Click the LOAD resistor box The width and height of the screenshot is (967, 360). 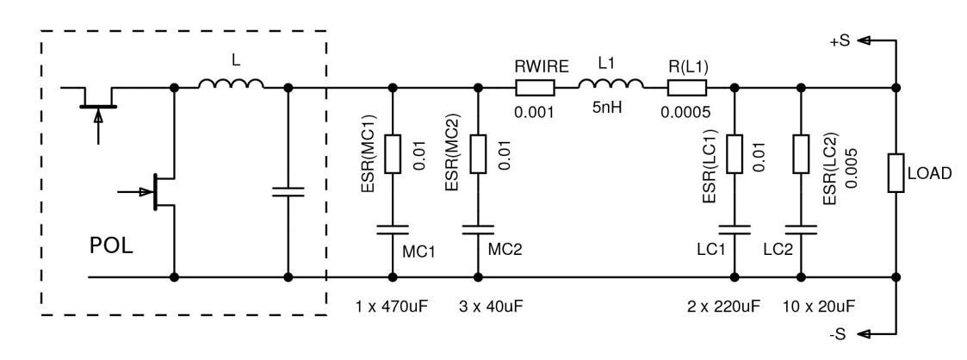(x=896, y=173)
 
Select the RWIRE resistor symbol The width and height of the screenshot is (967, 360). (x=533, y=87)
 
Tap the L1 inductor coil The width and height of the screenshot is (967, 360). (x=611, y=84)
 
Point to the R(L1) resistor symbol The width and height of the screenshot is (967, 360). (x=686, y=87)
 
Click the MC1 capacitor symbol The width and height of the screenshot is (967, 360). (x=394, y=230)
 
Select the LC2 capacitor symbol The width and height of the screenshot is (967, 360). (x=801, y=230)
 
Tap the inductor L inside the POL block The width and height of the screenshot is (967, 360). (x=231, y=84)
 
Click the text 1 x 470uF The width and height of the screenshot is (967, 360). (x=393, y=308)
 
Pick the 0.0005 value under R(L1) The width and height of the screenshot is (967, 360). (x=686, y=110)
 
